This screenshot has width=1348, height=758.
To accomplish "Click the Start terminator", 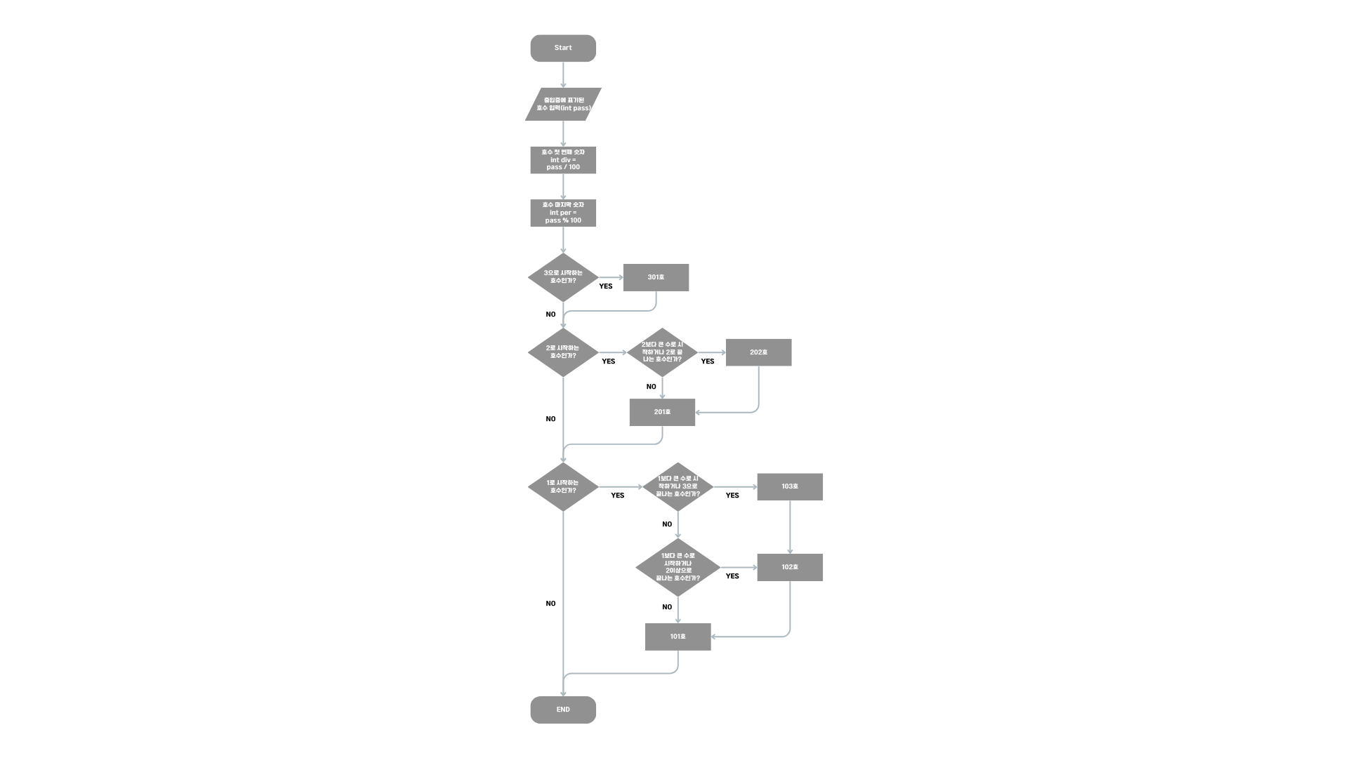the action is pos(563,48).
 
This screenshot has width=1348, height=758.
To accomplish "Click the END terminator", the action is pos(563,710).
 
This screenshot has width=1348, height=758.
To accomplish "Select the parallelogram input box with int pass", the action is pos(563,105).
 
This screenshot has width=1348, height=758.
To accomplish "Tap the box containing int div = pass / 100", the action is pos(563,160).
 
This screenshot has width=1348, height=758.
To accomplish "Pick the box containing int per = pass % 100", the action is pos(563,213).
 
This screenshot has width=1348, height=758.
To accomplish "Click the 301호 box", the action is pos(656,277).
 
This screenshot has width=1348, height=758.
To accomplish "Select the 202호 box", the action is pos(758,352).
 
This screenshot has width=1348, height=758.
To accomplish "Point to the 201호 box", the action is pos(662,412).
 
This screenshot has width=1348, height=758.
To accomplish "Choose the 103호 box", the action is pos(790,486).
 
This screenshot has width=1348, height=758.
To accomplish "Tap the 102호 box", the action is pos(790,567).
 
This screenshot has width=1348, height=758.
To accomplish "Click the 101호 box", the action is pos(678,637).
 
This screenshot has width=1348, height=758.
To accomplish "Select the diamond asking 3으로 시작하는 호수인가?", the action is pos(563,277).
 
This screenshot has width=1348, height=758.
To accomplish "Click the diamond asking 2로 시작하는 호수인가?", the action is pos(563,352).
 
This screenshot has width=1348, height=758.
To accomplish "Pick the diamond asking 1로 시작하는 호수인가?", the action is pos(563,486).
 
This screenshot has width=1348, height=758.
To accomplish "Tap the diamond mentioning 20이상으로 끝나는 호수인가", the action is pos(678,567).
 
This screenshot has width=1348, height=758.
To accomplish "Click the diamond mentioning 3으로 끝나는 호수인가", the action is pos(678,486).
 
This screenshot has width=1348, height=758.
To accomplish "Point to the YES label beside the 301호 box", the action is pos(606,286).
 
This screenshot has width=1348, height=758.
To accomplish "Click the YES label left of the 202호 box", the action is pos(708,361).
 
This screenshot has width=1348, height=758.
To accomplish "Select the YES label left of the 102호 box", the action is pos(732,576).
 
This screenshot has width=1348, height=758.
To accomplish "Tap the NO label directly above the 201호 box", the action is pos(652,387).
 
